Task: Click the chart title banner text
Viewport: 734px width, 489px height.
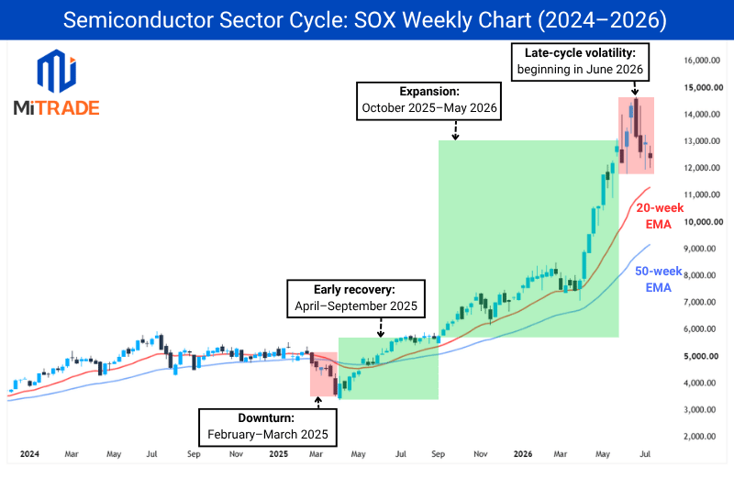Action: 364,20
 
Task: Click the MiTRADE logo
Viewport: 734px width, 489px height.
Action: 57,83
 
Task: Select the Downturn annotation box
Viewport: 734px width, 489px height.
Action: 268,428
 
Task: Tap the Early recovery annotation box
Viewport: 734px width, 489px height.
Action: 356,298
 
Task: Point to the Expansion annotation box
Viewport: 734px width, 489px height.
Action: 428,101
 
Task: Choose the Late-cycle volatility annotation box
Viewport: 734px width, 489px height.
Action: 580,62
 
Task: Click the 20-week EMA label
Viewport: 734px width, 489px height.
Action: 659,216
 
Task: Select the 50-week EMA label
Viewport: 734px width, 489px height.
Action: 658,279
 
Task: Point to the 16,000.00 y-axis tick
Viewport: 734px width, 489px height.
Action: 702,61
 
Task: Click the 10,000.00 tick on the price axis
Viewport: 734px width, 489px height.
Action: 704,222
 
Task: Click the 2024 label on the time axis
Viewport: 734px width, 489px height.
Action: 29,454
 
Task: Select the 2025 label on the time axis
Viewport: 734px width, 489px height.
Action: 279,454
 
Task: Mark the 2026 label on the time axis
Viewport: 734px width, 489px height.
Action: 523,454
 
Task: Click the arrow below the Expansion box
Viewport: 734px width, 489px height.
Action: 455,130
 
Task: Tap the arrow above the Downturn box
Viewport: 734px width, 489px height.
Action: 318,403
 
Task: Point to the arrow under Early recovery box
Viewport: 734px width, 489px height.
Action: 381,328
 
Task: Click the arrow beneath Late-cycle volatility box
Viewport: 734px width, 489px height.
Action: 635,89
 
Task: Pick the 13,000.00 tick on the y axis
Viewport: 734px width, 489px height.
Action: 702,141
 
